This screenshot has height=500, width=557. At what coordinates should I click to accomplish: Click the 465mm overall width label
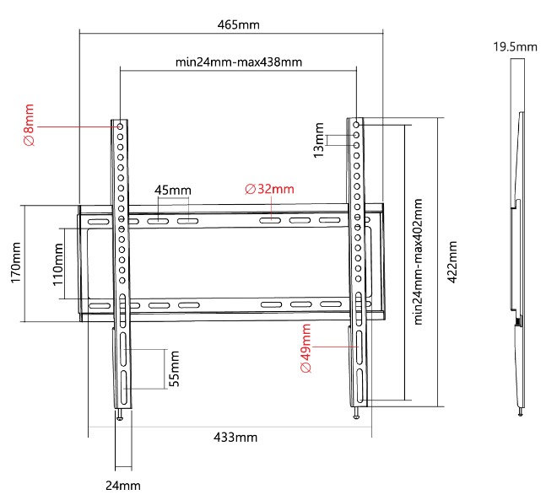[238, 24]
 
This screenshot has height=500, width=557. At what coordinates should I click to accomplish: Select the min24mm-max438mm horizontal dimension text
[239, 62]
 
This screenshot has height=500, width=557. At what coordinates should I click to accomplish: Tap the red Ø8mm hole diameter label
[30, 125]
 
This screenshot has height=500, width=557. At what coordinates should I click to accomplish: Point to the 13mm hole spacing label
[319, 140]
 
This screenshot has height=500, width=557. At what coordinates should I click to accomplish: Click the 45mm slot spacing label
[173, 191]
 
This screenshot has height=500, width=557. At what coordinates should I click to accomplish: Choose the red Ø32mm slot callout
[269, 189]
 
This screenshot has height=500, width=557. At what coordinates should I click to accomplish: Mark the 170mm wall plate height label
[16, 262]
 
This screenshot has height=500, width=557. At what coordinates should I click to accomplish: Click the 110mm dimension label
[58, 265]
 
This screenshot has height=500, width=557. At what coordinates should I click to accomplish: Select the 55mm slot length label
[174, 368]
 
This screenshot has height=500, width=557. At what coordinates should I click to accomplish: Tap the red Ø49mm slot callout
[306, 347]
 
